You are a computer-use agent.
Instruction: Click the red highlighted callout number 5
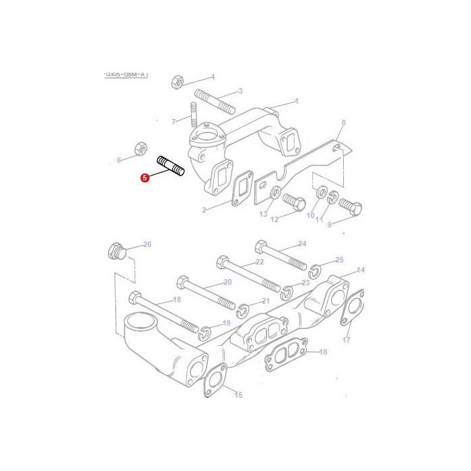click(144, 178)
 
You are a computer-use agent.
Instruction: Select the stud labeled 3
click(215, 100)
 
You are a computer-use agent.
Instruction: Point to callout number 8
click(343, 122)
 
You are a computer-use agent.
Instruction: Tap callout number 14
click(361, 270)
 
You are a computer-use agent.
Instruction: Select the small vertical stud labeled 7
click(194, 116)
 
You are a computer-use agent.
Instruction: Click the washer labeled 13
click(275, 194)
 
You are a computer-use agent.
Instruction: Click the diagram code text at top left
click(125, 75)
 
